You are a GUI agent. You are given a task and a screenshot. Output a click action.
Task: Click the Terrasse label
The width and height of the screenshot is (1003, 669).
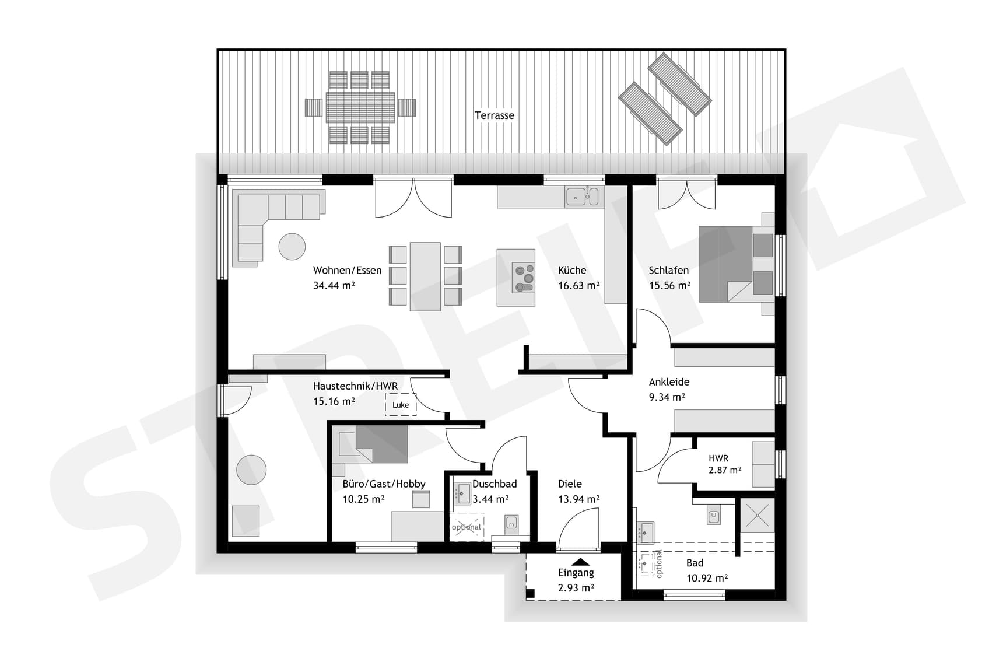point(494,115)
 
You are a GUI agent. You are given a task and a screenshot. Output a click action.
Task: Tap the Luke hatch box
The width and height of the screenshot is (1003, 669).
point(401,405)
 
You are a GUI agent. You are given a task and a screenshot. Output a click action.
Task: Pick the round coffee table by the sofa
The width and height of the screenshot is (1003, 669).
point(292,246)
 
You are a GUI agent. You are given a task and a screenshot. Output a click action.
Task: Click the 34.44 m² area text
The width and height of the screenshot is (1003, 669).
point(334,286)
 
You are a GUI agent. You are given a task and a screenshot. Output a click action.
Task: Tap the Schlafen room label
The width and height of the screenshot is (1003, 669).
point(668,271)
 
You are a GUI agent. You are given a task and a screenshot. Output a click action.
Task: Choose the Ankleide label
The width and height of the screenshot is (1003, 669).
point(669,382)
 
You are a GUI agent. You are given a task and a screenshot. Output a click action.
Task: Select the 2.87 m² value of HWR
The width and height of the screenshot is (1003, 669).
point(725,470)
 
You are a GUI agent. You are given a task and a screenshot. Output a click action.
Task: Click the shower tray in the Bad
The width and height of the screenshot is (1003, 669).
point(757,515)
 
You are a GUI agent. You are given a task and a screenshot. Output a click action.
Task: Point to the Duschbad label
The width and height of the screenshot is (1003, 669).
point(495,484)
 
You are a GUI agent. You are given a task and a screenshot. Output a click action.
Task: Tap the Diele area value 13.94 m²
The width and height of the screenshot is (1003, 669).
point(578,499)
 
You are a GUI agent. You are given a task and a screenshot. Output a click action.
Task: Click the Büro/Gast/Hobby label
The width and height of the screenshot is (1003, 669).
point(384,484)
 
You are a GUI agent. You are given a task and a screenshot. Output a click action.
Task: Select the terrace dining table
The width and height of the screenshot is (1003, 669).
point(360,107)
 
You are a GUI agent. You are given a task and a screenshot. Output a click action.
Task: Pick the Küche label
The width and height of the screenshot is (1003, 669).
point(571,271)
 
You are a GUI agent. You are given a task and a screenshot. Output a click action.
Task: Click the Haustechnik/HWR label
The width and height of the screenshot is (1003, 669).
point(355,386)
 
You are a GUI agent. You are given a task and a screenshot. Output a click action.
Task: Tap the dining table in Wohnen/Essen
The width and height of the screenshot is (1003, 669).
point(425,276)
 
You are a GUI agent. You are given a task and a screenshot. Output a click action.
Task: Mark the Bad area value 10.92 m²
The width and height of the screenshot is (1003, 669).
point(707,579)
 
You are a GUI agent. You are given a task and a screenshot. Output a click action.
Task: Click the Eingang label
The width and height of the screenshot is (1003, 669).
point(576,573)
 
